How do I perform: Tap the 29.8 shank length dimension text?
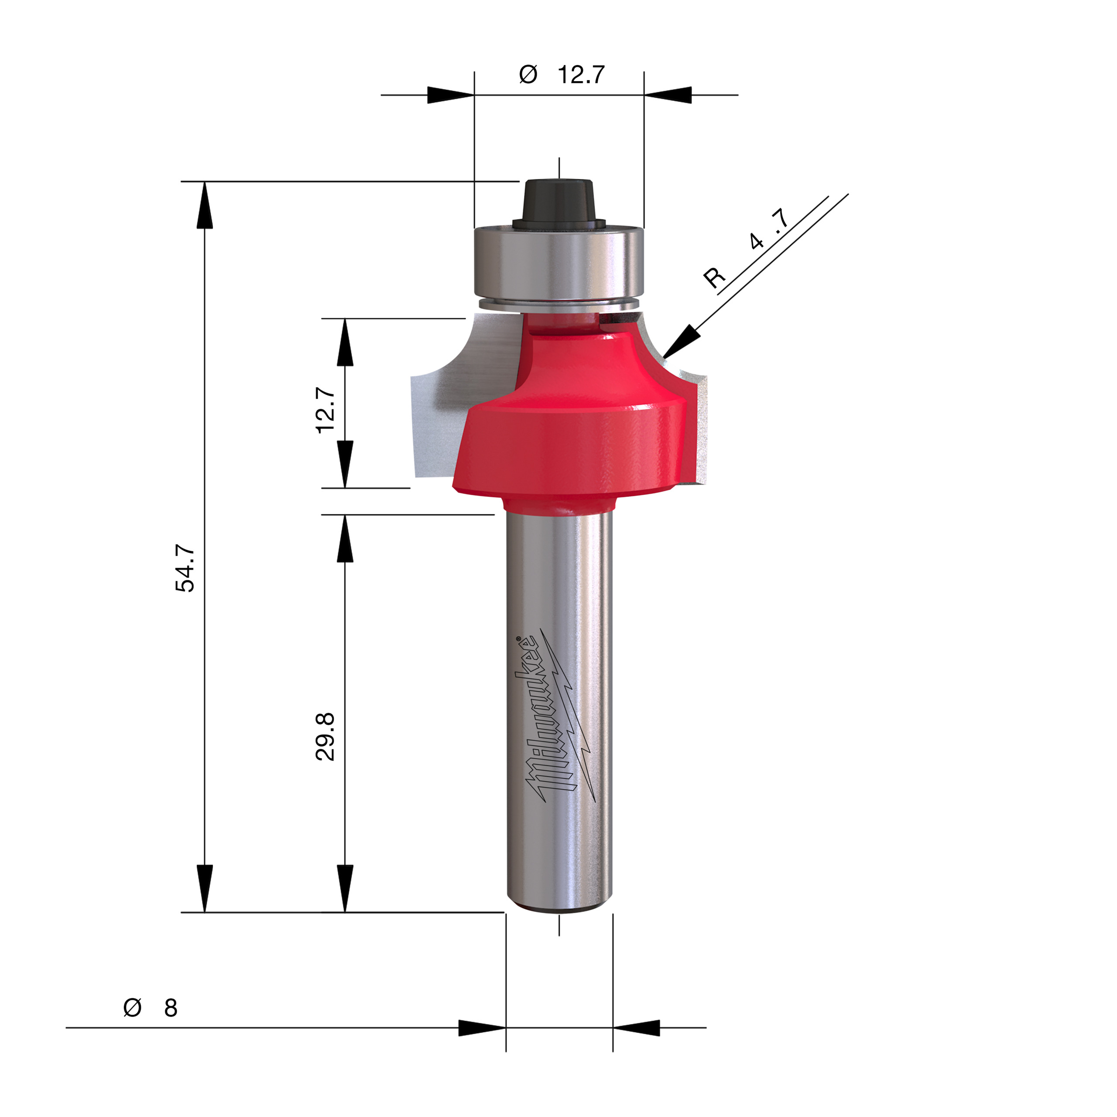[x=326, y=737]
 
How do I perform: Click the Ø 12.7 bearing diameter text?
[x=562, y=75]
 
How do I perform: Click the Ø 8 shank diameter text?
[x=151, y=1008]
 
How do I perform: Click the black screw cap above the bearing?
[x=558, y=202]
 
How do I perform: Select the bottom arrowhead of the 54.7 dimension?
[x=205, y=888]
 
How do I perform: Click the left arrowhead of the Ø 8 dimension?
[x=481, y=1028]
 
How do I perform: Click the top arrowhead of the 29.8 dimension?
[x=345, y=538]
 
